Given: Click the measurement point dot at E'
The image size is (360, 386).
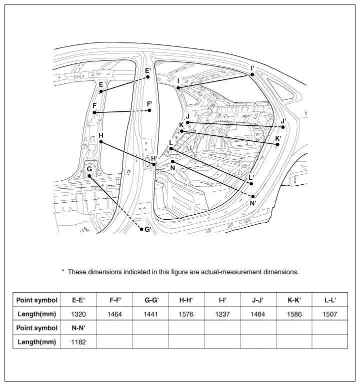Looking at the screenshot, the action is pos(148,77).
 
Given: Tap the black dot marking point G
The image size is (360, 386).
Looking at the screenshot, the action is pos(89,176).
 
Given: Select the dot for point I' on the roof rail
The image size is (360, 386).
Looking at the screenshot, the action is pos(252,74).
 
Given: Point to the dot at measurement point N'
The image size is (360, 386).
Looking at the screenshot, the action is pos(253,196).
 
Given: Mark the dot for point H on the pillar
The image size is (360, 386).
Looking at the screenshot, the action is pos(101,142).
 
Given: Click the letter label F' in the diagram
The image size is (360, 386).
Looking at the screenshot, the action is pos(149,104).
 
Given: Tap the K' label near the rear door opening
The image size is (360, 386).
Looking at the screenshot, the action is pos(278,138).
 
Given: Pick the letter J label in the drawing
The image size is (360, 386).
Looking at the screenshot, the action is pos(187,116).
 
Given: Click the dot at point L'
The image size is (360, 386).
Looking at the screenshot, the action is pos(251,184).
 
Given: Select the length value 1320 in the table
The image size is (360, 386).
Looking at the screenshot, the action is pos(78,314).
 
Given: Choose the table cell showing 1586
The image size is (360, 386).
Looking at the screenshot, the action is pos(294,314).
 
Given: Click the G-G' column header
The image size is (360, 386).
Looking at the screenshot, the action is pos(151,300).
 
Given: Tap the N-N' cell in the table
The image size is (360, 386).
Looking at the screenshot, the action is pos(78,328).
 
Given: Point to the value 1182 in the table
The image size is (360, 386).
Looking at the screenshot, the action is pos(78,342).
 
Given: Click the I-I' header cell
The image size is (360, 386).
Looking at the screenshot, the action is pos(222,300).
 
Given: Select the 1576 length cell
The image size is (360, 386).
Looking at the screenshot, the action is pos(186,314).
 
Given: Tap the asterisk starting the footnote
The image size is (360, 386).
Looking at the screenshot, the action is pos(63,271).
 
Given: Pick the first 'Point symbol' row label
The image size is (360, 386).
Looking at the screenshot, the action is pos(36,300).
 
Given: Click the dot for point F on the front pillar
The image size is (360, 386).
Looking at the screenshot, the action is pos(94,113).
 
